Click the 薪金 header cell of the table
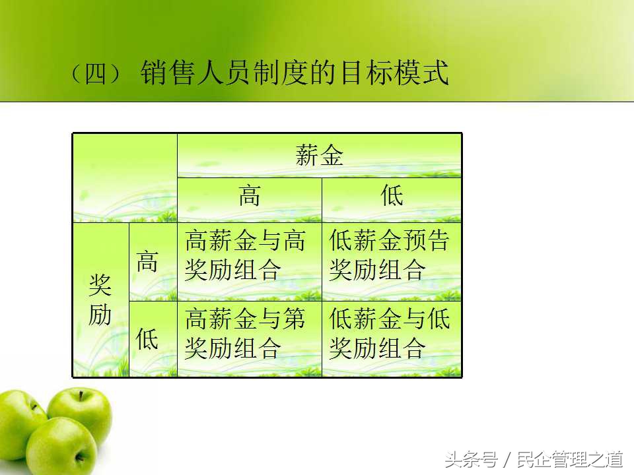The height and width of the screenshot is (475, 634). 320,156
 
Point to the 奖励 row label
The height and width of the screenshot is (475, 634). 100,300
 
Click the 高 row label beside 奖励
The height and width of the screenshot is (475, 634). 147,261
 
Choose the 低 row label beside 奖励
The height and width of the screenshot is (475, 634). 147,339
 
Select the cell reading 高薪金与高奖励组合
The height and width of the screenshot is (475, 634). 249,255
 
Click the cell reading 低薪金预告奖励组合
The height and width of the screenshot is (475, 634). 392,255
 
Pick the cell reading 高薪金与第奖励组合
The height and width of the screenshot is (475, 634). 249,334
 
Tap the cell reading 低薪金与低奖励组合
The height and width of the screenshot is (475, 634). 392,334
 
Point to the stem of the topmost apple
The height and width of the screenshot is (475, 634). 81,396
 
